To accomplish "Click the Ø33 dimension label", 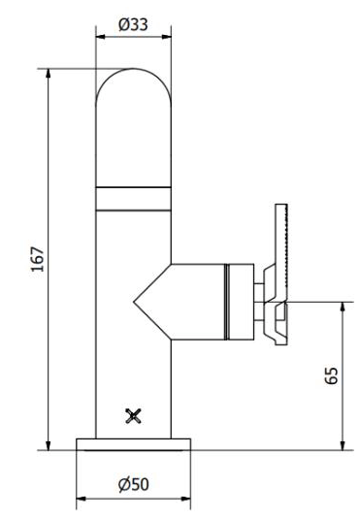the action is tap(133, 25).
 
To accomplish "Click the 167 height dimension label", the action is tap(38, 259).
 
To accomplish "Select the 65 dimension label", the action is tap(332, 375).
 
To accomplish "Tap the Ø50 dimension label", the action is tap(134, 484).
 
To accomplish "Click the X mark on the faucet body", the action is tap(134, 416).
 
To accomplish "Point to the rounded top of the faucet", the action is tap(133, 69).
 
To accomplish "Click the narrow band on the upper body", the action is tap(134, 199).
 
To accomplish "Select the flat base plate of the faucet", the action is tap(134, 444).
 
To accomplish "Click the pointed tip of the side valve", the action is tap(134, 302).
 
